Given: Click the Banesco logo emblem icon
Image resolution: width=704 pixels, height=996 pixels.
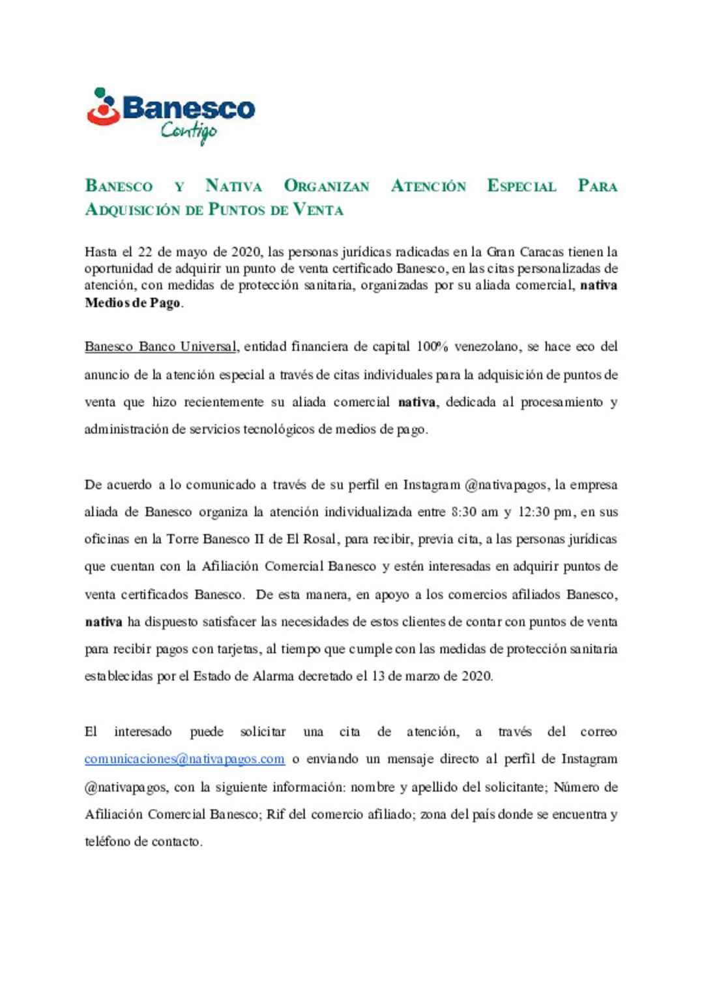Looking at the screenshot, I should click(x=104, y=107).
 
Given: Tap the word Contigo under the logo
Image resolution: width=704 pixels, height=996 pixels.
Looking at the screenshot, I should click(x=188, y=132).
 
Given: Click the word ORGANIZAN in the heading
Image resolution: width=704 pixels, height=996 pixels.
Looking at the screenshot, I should click(x=327, y=186).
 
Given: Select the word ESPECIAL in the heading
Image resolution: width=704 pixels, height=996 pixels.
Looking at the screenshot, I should click(x=521, y=186).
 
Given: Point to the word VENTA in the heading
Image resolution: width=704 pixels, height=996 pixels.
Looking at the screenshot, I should click(x=318, y=210).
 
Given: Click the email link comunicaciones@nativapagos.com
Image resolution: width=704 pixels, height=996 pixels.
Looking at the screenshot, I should click(x=184, y=759).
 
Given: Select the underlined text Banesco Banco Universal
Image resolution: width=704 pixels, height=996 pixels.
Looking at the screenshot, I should click(x=160, y=347).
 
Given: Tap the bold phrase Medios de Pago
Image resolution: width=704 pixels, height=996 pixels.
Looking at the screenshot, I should click(x=132, y=303).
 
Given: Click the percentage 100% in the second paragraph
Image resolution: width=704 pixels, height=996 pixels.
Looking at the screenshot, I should click(x=432, y=347).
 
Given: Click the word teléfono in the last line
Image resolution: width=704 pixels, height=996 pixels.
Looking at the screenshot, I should click(x=108, y=842).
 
